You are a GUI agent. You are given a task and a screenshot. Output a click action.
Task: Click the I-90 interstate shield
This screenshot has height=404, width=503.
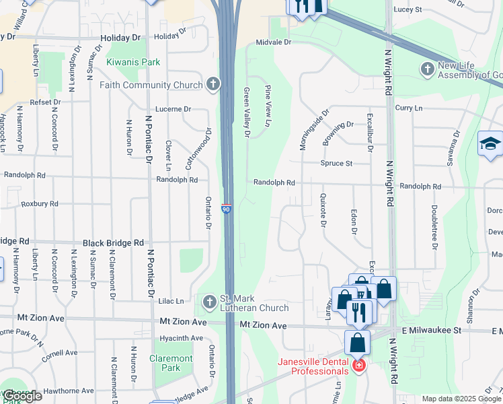click(227, 209)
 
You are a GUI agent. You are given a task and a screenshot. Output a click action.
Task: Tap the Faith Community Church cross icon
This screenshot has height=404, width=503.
click(213, 84)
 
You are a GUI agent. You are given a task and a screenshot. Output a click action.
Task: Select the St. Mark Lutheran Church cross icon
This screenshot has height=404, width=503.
click(209, 300)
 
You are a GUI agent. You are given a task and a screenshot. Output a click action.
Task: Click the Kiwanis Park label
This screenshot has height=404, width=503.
click(133, 62)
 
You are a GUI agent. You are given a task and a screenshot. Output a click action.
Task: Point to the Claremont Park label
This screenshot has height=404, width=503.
click(171, 363)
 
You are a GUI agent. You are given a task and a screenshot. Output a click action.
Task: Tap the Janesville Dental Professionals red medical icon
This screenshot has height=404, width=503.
click(359, 366)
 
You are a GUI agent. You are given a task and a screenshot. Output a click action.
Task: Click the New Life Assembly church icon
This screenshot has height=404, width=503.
click(427, 69)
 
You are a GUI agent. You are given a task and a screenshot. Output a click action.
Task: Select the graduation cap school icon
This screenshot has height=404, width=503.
click(490, 143)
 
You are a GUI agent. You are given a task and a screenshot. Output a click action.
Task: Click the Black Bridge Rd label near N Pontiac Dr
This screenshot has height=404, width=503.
click(113, 242)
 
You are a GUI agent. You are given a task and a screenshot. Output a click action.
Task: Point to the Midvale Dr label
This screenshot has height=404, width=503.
click(272, 42)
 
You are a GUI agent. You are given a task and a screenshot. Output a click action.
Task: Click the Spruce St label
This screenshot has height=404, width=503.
click(337, 164)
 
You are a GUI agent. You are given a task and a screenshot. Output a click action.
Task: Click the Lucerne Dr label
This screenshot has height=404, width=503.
click(173, 108)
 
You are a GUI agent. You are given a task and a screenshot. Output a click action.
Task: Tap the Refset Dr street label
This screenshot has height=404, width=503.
click(44, 102)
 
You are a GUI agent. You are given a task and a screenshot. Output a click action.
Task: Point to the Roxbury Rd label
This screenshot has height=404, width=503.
click(40, 203)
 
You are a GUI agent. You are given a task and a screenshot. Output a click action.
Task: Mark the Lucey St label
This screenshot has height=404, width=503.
click(408, 10)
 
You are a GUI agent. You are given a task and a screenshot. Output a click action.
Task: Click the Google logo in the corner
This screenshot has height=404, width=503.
click(22, 396)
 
